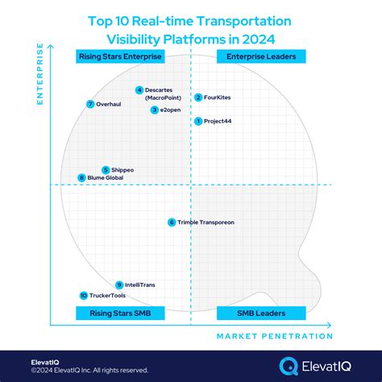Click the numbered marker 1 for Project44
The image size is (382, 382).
pyautogui.click(x=198, y=121)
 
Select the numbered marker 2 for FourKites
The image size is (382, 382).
pyautogui.click(x=198, y=98)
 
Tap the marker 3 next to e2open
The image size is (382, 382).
pyautogui.click(x=154, y=110)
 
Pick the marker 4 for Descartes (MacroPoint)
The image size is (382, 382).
pyautogui.click(x=139, y=90)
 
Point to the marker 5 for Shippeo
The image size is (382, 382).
pyautogui.click(x=105, y=170)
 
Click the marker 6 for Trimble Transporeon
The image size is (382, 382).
pyautogui.click(x=172, y=222)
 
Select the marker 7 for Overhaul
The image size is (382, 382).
pyautogui.click(x=90, y=104)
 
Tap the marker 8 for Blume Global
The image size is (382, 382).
pyautogui.click(x=81, y=178)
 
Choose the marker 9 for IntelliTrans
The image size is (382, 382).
pyautogui.click(x=119, y=284)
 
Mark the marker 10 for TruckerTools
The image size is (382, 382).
pyautogui.click(x=83, y=296)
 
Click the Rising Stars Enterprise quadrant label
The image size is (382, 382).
pyautogui.click(x=119, y=56)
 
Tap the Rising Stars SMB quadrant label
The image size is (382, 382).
pyautogui.click(x=121, y=313)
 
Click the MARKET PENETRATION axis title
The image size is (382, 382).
pyautogui.click(x=274, y=336)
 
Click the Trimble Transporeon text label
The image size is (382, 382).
pyautogui.click(x=206, y=222)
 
